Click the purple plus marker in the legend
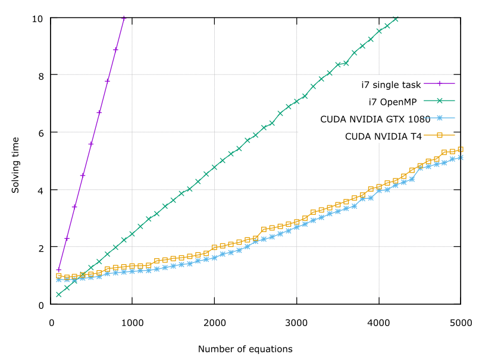(x=439, y=83)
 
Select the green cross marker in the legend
(x=439, y=101)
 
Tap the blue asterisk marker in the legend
(x=439, y=118)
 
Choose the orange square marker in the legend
(x=439, y=135)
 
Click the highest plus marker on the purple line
(x=124, y=18)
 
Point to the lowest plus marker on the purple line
(x=59, y=270)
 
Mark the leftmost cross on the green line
(x=59, y=295)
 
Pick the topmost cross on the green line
(x=396, y=19)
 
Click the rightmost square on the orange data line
(x=461, y=149)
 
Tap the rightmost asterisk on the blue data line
(x=461, y=158)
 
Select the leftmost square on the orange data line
(x=59, y=276)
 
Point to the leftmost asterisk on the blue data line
(x=59, y=280)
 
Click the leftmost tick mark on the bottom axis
(x=132, y=300)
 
